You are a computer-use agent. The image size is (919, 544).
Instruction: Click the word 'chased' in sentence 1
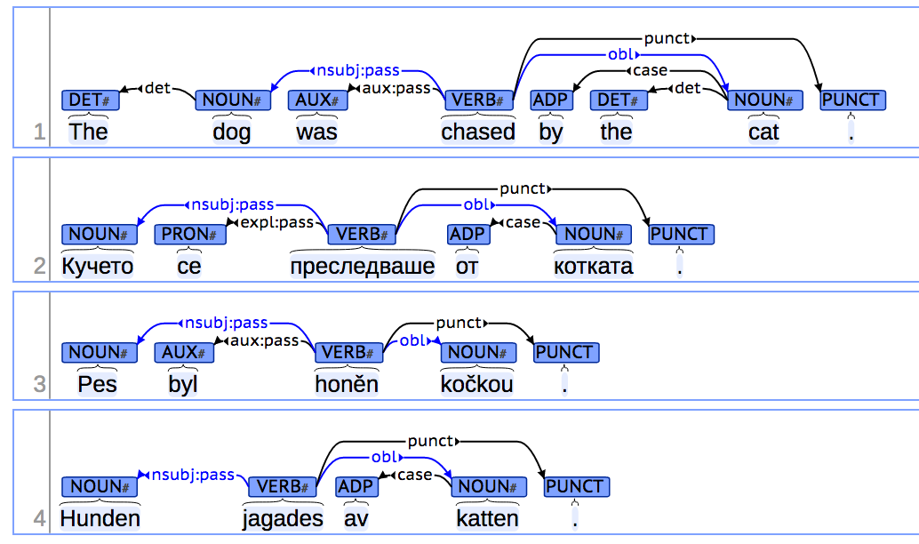478,132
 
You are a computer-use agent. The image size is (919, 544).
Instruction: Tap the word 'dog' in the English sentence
231,132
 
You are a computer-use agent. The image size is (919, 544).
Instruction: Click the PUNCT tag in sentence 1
851,100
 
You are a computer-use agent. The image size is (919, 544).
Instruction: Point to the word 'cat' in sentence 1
763,132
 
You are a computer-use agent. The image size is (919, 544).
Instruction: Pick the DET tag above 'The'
89,100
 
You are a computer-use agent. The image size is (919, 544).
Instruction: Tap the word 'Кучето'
97,266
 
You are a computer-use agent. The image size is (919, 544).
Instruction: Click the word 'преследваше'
363,266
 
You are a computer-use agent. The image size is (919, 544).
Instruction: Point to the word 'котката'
593,266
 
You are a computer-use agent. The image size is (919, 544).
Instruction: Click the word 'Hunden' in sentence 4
100,518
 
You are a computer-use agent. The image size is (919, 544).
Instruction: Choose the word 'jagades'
283,518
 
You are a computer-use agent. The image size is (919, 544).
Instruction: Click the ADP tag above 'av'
356,486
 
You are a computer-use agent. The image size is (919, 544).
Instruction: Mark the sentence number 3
39,385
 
